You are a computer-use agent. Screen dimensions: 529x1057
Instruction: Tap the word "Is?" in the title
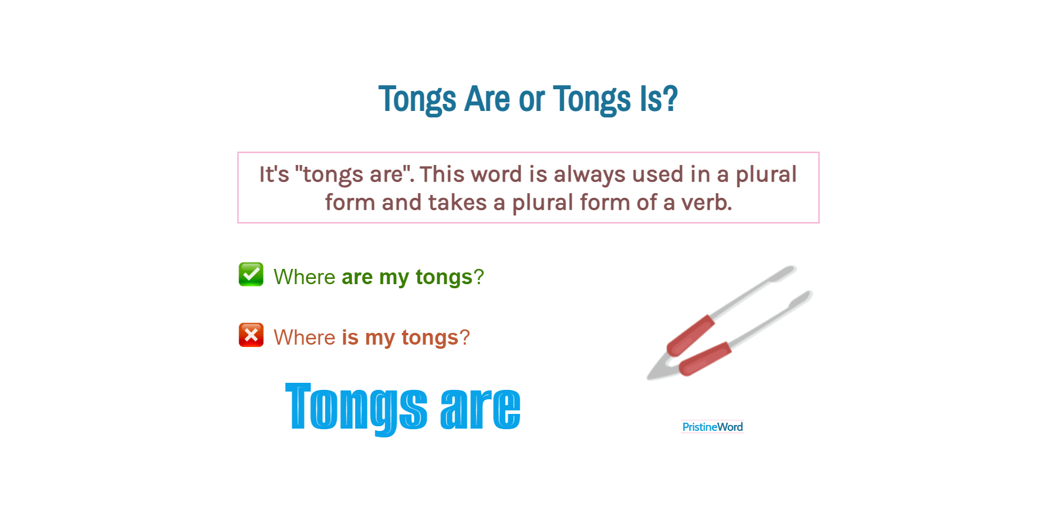point(658,99)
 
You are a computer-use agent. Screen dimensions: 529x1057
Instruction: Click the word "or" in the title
point(532,99)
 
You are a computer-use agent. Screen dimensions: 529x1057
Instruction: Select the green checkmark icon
point(251,274)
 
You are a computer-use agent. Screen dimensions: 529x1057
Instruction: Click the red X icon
point(251,335)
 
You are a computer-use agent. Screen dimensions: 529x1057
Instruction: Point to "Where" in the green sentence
point(304,277)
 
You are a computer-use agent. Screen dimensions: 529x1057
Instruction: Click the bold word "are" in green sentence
point(357,277)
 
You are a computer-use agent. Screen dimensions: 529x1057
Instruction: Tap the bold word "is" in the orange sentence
point(350,338)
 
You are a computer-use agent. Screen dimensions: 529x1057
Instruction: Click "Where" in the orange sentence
point(304,338)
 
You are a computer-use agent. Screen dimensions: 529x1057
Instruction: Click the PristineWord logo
point(712,427)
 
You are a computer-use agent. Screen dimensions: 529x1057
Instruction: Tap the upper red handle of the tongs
point(691,335)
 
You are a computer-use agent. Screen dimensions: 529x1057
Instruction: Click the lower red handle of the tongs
point(705,358)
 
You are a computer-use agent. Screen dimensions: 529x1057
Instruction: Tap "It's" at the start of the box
point(274,175)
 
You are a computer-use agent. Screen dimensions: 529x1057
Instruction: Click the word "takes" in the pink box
point(457,203)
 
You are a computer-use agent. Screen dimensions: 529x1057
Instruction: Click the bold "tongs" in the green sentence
point(444,277)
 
